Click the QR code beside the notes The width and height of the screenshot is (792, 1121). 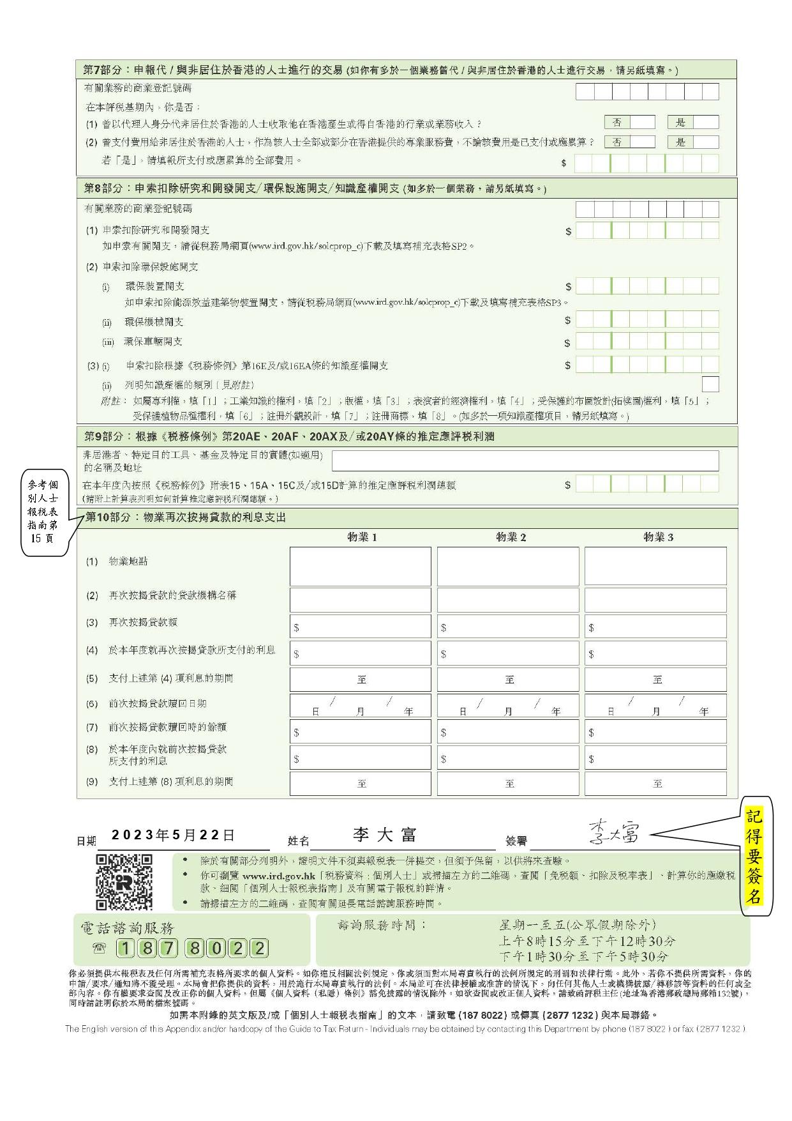click(x=124, y=881)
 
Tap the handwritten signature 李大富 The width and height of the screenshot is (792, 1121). click(x=613, y=833)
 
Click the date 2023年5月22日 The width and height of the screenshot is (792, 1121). click(x=173, y=835)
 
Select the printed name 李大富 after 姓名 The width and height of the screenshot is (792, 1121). click(x=385, y=835)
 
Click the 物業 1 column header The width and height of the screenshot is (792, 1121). click(x=362, y=537)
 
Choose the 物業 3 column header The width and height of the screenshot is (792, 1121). click(x=657, y=537)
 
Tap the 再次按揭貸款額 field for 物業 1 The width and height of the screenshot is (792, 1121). click(x=361, y=627)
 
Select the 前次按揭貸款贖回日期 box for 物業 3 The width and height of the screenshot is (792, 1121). click(x=655, y=705)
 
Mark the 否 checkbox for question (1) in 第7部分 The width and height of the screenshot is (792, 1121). click(x=643, y=122)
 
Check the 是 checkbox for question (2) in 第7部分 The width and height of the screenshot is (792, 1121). click(x=706, y=142)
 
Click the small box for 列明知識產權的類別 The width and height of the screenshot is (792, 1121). click(x=710, y=384)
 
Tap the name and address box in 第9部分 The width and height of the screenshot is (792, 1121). click(x=525, y=461)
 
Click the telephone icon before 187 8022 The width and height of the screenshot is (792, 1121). click(x=99, y=948)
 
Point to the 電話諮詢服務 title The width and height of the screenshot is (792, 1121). click(x=127, y=927)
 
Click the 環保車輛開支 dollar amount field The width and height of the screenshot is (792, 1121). click(x=647, y=341)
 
